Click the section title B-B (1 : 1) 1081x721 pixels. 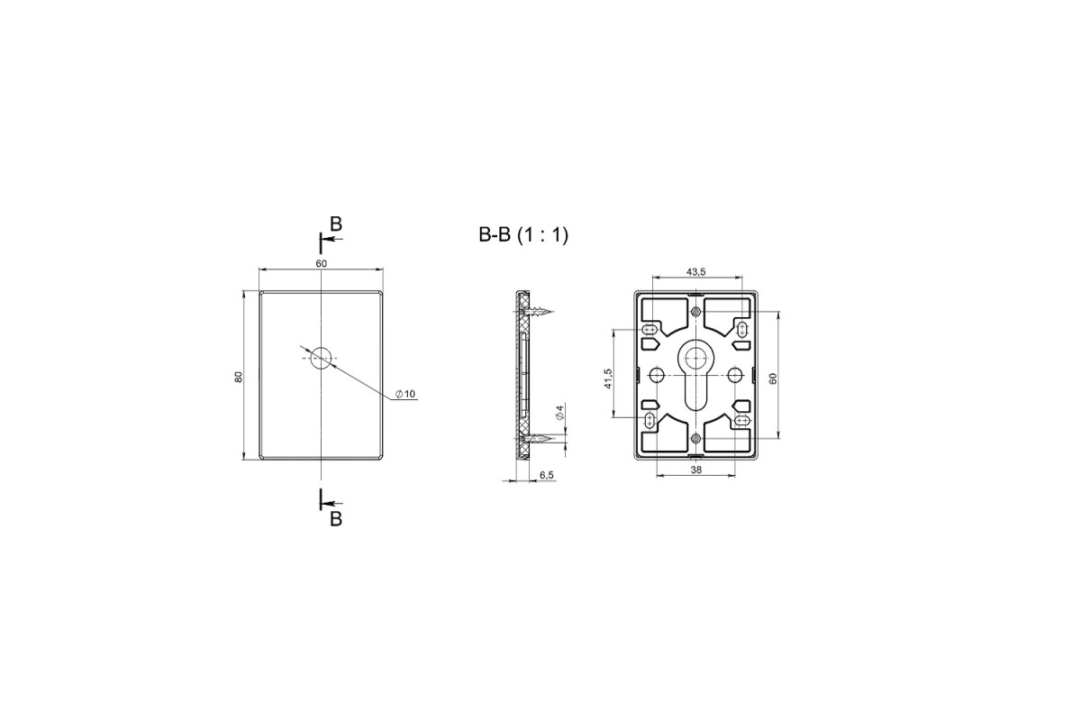(523, 234)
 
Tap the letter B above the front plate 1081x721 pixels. (336, 224)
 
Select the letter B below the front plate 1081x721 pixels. (336, 519)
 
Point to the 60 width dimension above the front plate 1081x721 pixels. (322, 264)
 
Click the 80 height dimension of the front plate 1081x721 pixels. (239, 377)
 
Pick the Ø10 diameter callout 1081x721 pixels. (405, 394)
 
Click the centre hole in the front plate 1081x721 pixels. (322, 358)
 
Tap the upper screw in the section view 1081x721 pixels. (537, 312)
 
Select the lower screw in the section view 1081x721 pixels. (536, 439)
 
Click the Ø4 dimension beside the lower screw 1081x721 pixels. (559, 412)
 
